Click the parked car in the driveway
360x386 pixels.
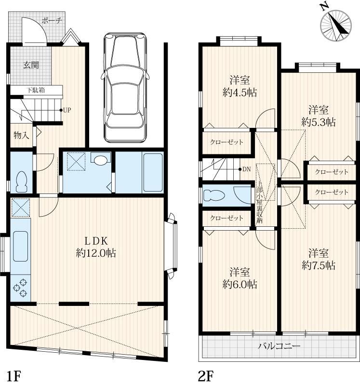125,87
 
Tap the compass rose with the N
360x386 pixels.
335,25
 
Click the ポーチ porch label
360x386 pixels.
52,20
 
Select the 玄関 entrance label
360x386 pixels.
31,65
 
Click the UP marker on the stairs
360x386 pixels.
66,110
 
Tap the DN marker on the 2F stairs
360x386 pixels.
245,169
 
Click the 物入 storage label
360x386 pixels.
22,135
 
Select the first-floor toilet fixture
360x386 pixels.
21,181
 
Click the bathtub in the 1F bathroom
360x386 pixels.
153,172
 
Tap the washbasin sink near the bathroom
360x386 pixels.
100,160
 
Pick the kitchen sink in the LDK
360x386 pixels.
20,246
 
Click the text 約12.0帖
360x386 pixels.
96,253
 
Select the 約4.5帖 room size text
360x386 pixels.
240,93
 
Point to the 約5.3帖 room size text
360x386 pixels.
319,122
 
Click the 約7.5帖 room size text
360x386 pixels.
319,265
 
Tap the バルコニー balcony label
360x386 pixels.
280,346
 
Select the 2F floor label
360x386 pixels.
206,376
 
